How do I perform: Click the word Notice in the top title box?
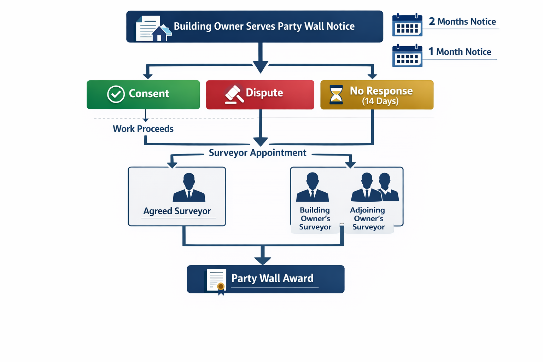[x=340, y=27]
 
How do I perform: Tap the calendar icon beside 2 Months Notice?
[x=407, y=25]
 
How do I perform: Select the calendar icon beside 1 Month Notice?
[x=407, y=56]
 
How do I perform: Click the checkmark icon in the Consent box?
[x=116, y=94]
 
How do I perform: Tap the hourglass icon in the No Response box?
[x=336, y=95]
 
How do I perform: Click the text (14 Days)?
[x=380, y=101]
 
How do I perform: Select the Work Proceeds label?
[x=143, y=129]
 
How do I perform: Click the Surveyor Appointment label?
[x=257, y=153]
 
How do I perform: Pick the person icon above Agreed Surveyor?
[x=189, y=187]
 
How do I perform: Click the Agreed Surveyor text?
[x=177, y=211]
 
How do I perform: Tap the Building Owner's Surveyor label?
[x=315, y=218]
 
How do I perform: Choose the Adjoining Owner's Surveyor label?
[x=368, y=218]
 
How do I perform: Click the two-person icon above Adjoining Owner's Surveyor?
[x=375, y=187]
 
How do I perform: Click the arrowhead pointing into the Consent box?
[x=148, y=76]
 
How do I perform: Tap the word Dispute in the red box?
[x=264, y=93]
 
